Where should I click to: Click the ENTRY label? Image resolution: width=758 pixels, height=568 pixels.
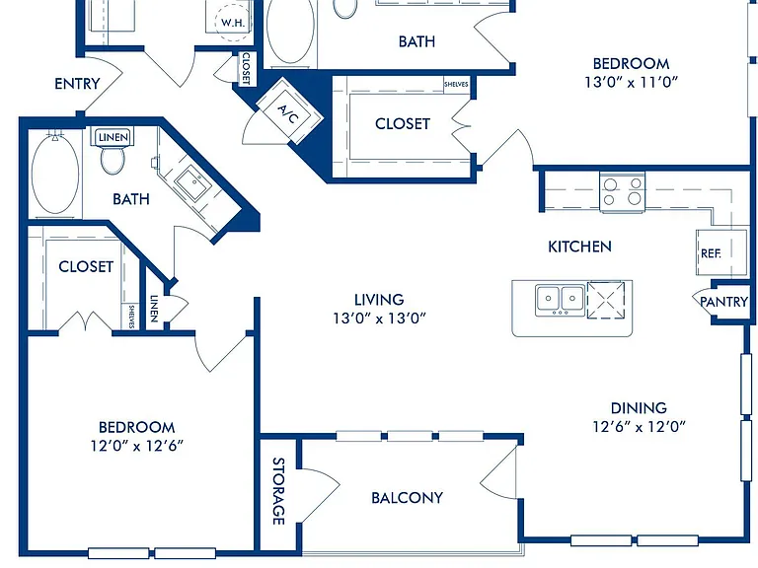point(77,84)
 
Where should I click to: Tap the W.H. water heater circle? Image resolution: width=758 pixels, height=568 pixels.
point(234,23)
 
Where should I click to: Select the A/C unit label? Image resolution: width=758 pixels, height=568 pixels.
point(288,114)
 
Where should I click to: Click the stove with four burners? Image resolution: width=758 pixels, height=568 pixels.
point(622,191)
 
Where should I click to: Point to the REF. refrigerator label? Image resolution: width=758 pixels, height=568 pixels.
point(711,253)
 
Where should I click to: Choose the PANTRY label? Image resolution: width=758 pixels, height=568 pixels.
point(724,302)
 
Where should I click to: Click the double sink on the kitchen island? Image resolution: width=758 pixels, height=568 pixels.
point(561,300)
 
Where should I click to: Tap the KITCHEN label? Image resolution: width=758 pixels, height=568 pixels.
point(579,247)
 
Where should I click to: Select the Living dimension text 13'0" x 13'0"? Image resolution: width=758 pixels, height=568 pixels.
point(379,319)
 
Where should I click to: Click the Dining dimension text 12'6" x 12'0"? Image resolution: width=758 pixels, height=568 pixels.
point(640,427)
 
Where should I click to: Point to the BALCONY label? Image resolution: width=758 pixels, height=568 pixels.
point(407,498)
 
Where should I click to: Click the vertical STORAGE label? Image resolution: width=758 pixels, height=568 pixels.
point(278,491)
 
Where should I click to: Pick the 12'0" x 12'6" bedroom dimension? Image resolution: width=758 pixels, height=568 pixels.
point(137,446)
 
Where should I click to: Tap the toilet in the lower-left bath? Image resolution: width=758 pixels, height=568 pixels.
point(114,160)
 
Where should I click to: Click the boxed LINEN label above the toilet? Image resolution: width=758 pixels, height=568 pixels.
point(114,138)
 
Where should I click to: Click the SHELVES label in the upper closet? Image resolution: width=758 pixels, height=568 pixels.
point(456,84)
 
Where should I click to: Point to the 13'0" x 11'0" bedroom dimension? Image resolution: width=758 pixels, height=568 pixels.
point(631,83)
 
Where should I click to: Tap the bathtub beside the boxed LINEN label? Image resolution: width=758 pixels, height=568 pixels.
point(55,175)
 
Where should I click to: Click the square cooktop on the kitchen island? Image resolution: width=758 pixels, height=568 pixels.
point(606,301)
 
